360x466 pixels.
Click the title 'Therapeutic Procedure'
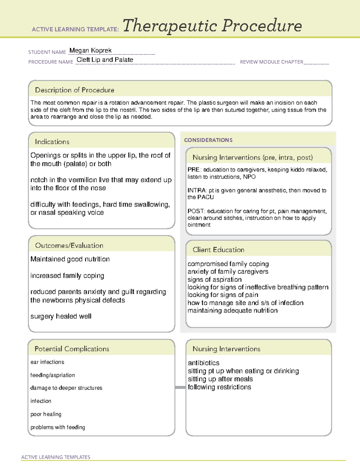(x=212, y=26)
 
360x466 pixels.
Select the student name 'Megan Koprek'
(x=90, y=50)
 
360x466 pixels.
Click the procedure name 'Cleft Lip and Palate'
(x=105, y=60)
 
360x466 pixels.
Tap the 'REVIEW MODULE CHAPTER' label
(x=271, y=62)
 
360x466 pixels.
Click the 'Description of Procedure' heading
(x=74, y=90)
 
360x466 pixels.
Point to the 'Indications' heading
(x=52, y=142)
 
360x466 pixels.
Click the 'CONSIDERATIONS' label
(x=208, y=140)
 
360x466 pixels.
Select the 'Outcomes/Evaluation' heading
(x=69, y=245)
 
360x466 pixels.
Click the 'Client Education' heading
(x=218, y=250)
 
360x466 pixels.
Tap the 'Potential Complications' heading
(x=72, y=349)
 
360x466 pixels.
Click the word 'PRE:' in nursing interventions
(x=193, y=170)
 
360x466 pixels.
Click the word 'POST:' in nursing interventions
(x=196, y=211)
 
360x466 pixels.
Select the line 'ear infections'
(x=47, y=362)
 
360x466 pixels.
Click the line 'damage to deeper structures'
(x=66, y=388)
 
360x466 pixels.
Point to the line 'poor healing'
(x=46, y=414)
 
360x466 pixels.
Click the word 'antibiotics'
(x=203, y=363)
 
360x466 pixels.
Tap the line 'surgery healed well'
(x=61, y=316)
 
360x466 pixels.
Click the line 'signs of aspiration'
(x=214, y=279)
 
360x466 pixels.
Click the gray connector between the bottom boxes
(x=180, y=387)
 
